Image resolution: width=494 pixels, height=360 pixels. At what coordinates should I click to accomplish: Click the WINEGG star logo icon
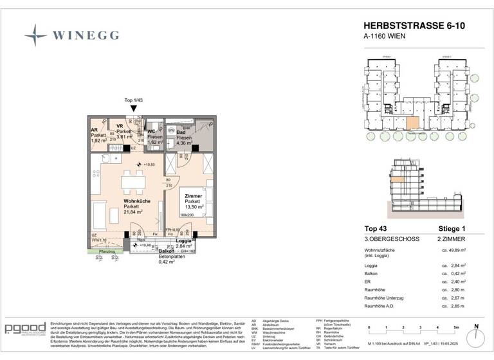click(x=35, y=35)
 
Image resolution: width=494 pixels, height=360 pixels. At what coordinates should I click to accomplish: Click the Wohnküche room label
click(x=137, y=201)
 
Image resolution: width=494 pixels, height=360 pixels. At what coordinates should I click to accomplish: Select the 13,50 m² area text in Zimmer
click(x=194, y=208)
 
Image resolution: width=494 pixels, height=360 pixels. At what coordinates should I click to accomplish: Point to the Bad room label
click(x=181, y=132)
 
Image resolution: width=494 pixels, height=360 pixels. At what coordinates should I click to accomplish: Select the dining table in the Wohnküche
click(x=134, y=182)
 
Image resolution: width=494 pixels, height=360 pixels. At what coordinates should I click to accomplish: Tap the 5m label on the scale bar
click(x=454, y=328)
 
